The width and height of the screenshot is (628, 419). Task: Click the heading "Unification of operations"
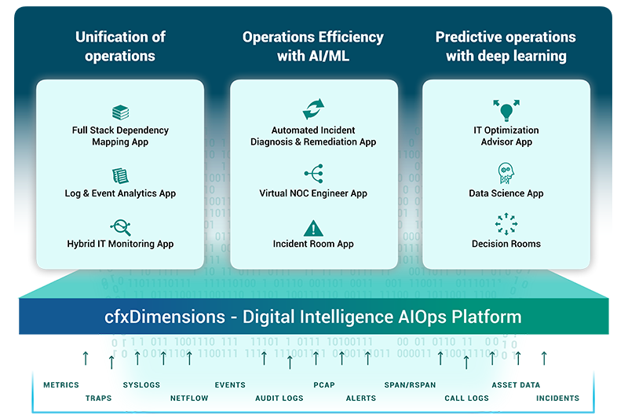tap(120, 46)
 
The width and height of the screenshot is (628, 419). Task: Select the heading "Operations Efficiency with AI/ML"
tap(313, 46)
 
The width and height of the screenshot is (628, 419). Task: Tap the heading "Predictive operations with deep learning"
tap(506, 46)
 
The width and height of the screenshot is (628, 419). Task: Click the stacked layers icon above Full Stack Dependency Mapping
tap(120, 112)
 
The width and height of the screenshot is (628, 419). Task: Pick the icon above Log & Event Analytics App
tap(120, 175)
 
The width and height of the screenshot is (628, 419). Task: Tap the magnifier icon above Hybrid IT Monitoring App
tap(120, 227)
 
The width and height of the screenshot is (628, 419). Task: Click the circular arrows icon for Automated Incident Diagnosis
tap(313, 108)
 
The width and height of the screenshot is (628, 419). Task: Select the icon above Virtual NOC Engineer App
tap(313, 174)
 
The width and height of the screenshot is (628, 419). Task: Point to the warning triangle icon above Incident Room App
tap(313, 228)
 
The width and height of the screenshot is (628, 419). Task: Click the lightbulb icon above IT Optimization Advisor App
tap(506, 108)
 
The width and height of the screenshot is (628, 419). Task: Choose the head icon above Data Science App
tap(506, 174)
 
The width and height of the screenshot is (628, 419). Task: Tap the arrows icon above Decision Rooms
tap(506, 224)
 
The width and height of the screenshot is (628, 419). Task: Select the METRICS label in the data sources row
tap(61, 385)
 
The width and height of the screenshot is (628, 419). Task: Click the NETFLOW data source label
tap(189, 399)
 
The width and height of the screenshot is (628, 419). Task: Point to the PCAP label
tap(324, 385)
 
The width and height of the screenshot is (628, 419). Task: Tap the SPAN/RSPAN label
tap(410, 385)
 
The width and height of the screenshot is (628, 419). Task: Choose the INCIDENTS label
tap(557, 399)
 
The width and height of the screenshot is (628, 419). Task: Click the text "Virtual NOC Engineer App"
tap(313, 193)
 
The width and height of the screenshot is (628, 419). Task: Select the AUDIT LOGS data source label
tap(279, 399)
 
